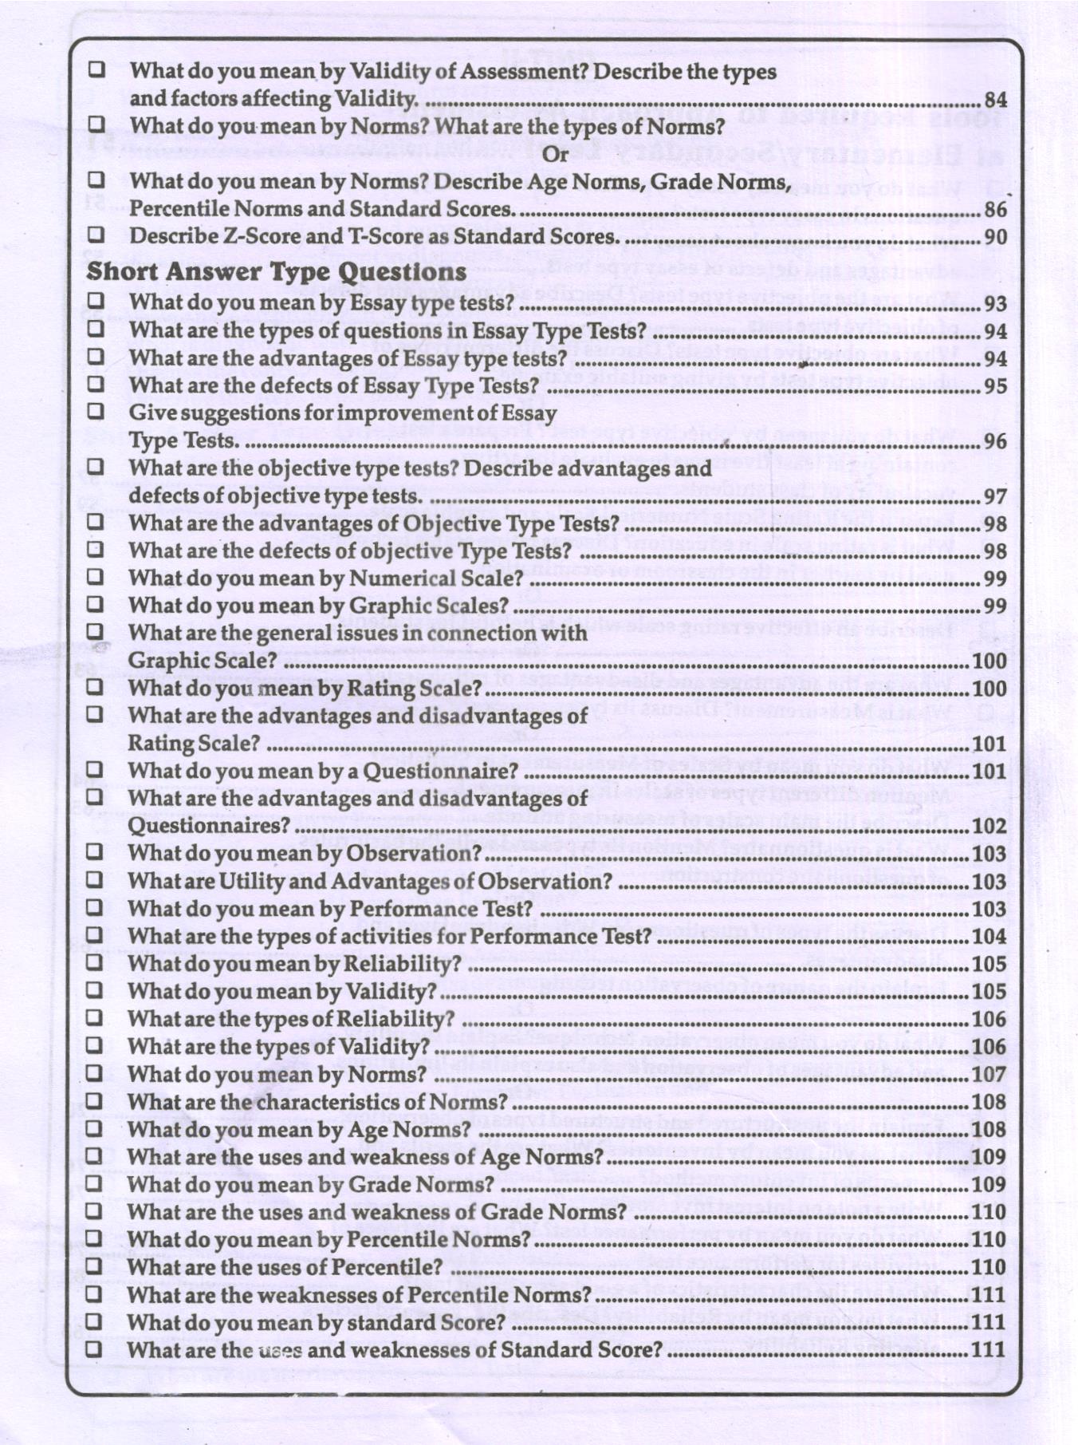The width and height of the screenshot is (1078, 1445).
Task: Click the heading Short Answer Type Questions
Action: pos(276,271)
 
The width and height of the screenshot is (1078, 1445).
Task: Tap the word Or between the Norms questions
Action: pos(555,153)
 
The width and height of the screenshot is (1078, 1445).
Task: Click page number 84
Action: pos(995,100)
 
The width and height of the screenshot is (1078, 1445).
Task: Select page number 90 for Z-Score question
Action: pos(995,237)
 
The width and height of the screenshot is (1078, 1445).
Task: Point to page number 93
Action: pos(995,304)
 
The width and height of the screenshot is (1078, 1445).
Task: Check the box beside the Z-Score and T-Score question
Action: pos(96,235)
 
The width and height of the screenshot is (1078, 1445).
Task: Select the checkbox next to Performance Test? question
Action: pos(94,907)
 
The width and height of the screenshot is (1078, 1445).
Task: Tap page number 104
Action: pos(989,937)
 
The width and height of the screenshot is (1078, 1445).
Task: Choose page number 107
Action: pos(989,1075)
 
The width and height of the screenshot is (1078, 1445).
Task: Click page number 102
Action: pos(989,826)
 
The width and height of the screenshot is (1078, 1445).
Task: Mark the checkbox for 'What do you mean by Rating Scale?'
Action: pos(95,686)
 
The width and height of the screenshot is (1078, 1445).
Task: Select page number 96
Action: pos(995,441)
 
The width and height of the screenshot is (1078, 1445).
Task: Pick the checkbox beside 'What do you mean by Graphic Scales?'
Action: pos(95,604)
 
